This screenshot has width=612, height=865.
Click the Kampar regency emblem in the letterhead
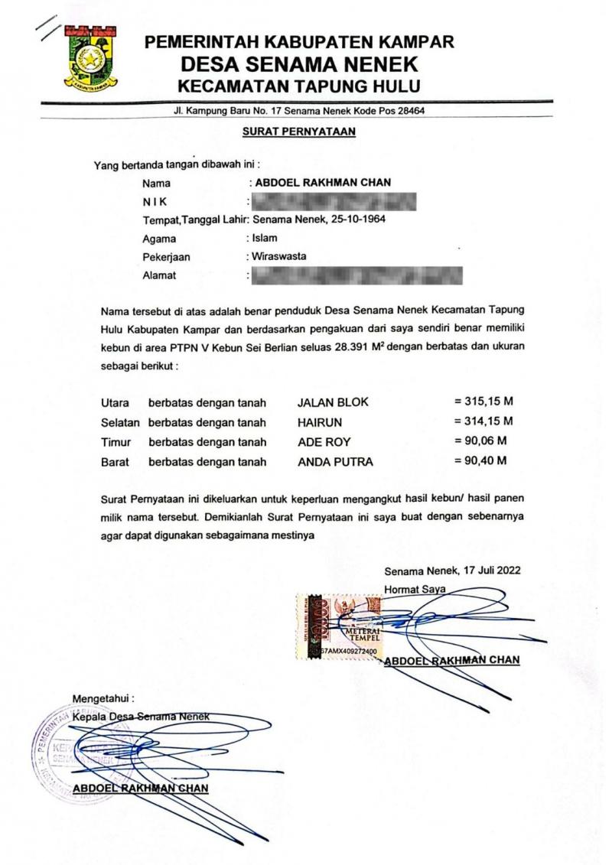click(93, 60)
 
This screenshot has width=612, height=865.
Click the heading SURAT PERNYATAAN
click(298, 132)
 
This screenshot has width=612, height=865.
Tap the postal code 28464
click(409, 112)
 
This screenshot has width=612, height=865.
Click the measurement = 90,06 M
click(480, 441)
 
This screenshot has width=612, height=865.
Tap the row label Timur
click(116, 441)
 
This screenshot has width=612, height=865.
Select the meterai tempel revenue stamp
click(337, 623)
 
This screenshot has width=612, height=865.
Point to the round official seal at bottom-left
click(65, 750)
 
